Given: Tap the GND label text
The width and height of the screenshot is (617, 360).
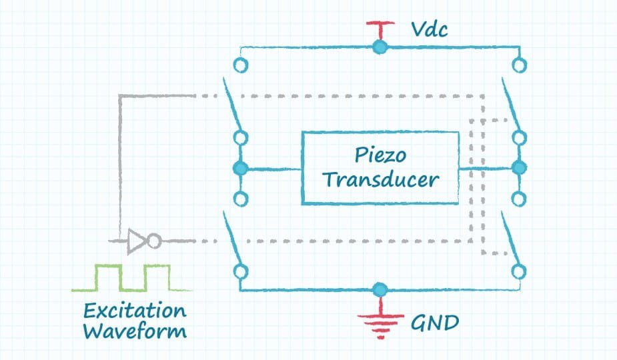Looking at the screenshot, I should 434,323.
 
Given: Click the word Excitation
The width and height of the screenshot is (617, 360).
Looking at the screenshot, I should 135,311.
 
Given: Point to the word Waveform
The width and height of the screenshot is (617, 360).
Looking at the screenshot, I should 135,331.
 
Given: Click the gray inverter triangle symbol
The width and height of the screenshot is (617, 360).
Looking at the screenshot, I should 137,241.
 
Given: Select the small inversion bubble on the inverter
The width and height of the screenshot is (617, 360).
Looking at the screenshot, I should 153,241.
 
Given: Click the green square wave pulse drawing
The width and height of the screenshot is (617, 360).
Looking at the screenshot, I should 132,278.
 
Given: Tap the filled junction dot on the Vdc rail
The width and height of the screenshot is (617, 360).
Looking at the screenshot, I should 380,47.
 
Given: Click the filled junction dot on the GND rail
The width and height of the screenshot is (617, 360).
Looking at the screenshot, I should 380,289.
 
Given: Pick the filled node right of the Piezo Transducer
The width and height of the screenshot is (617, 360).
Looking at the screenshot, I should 519,168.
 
